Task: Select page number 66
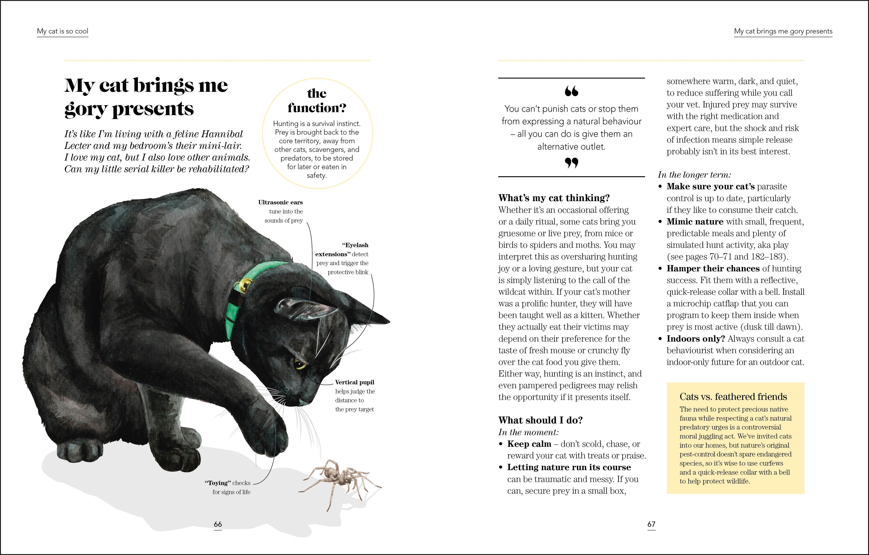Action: pyautogui.click(x=218, y=524)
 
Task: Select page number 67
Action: pyautogui.click(x=651, y=524)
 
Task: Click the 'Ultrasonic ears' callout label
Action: pyautogui.click(x=280, y=202)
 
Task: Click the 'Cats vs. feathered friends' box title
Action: pyautogui.click(x=733, y=397)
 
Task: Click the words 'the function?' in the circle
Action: pyautogui.click(x=317, y=101)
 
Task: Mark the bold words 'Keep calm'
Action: pyautogui.click(x=529, y=444)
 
